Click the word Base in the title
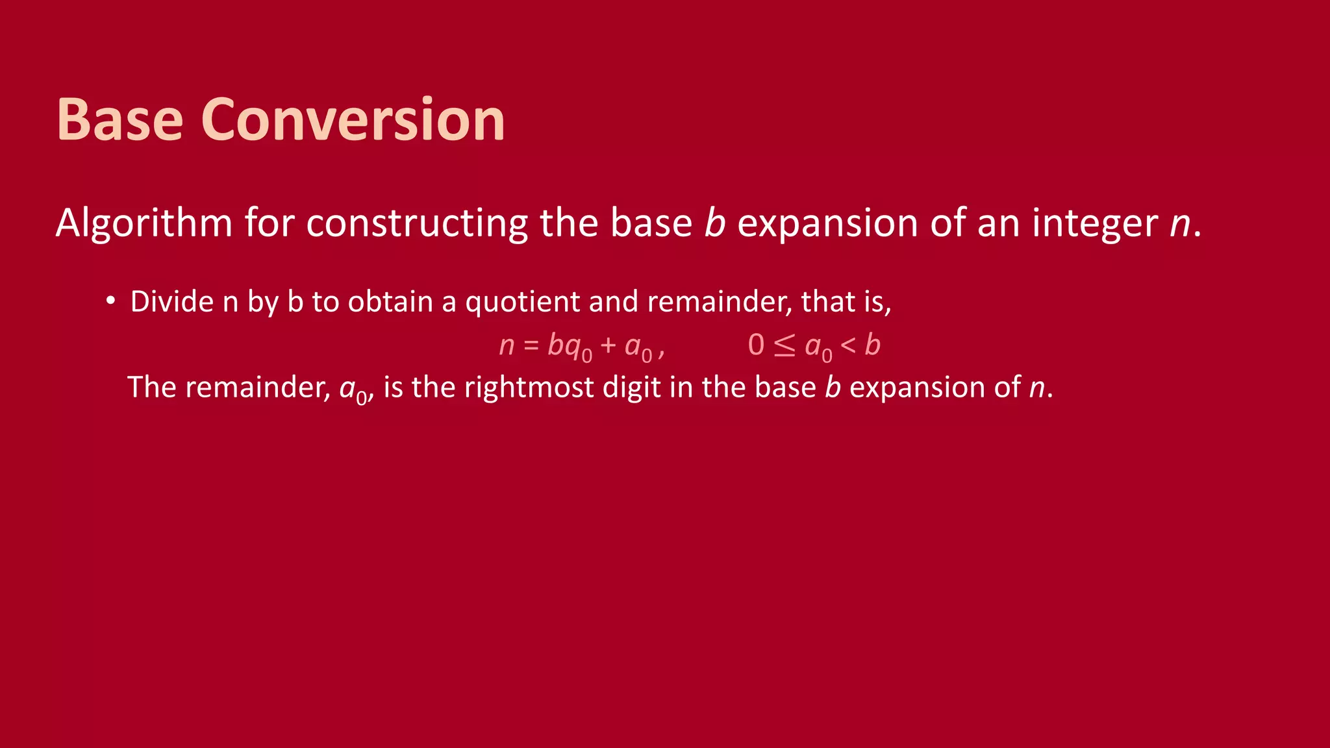click(x=120, y=119)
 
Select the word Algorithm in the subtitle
click(x=144, y=223)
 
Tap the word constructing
click(x=417, y=223)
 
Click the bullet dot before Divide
click(x=111, y=301)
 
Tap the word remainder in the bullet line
click(x=719, y=302)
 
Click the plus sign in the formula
click(x=608, y=345)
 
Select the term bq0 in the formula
click(x=569, y=347)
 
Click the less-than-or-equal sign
click(x=784, y=345)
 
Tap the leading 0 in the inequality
click(x=756, y=345)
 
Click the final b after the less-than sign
click(x=873, y=345)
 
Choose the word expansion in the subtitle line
click(x=827, y=223)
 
